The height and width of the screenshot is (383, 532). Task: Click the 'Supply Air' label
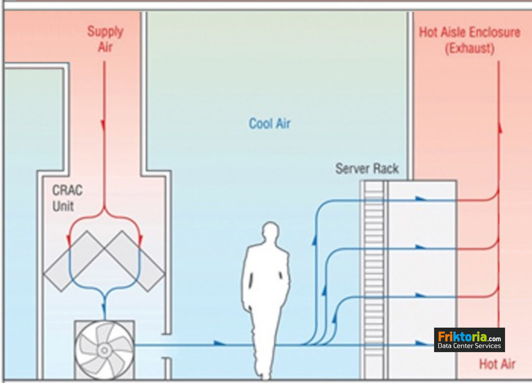click(105, 39)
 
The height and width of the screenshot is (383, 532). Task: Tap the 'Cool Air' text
click(270, 124)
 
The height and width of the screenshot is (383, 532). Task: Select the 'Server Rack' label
click(367, 168)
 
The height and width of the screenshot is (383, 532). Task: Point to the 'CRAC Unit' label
click(67, 198)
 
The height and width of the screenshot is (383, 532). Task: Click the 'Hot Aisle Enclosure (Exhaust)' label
click(470, 40)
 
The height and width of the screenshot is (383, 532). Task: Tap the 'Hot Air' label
click(497, 364)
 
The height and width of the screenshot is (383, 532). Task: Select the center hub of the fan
click(104, 350)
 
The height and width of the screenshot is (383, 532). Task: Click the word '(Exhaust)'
click(470, 48)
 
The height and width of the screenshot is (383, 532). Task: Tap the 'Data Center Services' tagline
click(469, 346)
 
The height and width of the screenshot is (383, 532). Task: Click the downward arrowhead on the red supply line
click(104, 125)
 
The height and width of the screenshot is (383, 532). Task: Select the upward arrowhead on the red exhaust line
click(500, 128)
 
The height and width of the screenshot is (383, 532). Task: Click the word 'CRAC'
click(67, 190)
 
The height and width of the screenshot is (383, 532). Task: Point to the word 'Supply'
click(105, 32)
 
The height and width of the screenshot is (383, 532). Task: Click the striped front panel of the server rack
click(374, 277)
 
